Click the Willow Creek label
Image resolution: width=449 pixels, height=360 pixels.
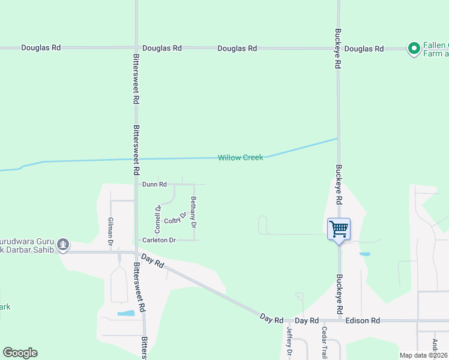(x=240, y=158)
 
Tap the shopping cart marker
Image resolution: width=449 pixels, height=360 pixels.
(x=339, y=229)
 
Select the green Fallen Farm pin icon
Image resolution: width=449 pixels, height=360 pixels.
(x=414, y=48)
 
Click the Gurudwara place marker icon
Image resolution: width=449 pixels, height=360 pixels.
(x=63, y=244)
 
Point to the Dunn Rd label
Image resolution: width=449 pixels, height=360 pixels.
(x=154, y=184)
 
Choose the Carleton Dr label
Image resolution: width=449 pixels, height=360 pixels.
(x=159, y=240)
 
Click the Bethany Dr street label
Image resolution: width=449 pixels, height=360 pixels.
(x=193, y=212)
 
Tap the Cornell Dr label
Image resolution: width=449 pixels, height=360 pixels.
(x=158, y=219)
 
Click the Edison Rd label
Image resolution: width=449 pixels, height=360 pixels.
(x=363, y=321)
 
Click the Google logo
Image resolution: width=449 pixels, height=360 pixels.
(x=20, y=353)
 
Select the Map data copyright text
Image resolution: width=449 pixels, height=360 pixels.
(x=423, y=355)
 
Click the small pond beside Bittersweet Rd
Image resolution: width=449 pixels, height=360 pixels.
(x=126, y=313)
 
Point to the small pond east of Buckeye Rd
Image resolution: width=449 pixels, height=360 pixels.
(x=364, y=254)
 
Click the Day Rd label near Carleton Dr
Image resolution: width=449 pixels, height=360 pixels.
(x=150, y=259)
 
